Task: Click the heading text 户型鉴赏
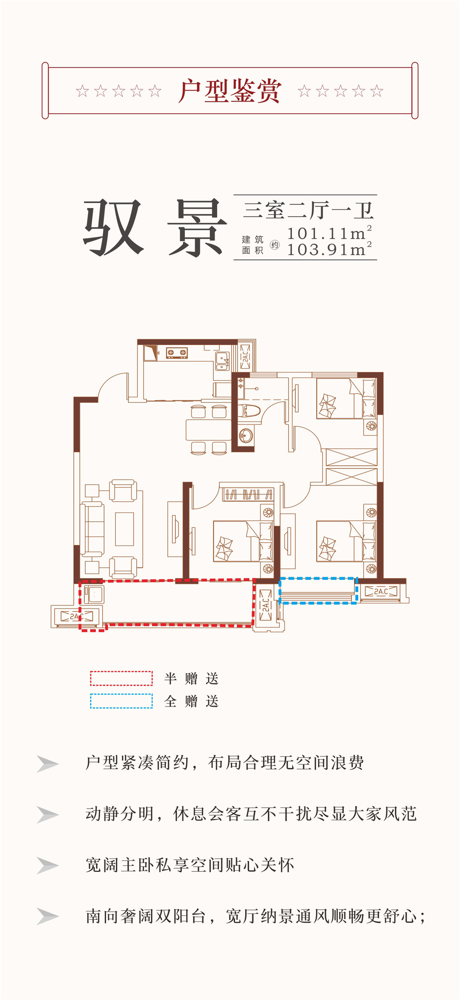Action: [x=230, y=91]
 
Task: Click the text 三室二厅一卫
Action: [x=308, y=210]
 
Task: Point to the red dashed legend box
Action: [x=121, y=678]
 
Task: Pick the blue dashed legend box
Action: [x=121, y=701]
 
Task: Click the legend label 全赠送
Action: [x=191, y=701]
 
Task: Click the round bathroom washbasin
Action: [x=246, y=435]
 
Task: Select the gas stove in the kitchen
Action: [x=177, y=353]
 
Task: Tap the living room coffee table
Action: [x=124, y=529]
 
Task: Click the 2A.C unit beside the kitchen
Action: [x=245, y=356]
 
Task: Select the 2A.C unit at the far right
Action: [x=381, y=592]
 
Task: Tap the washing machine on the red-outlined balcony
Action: [x=94, y=594]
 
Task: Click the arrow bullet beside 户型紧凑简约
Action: [x=47, y=764]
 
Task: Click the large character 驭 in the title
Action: [x=113, y=227]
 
